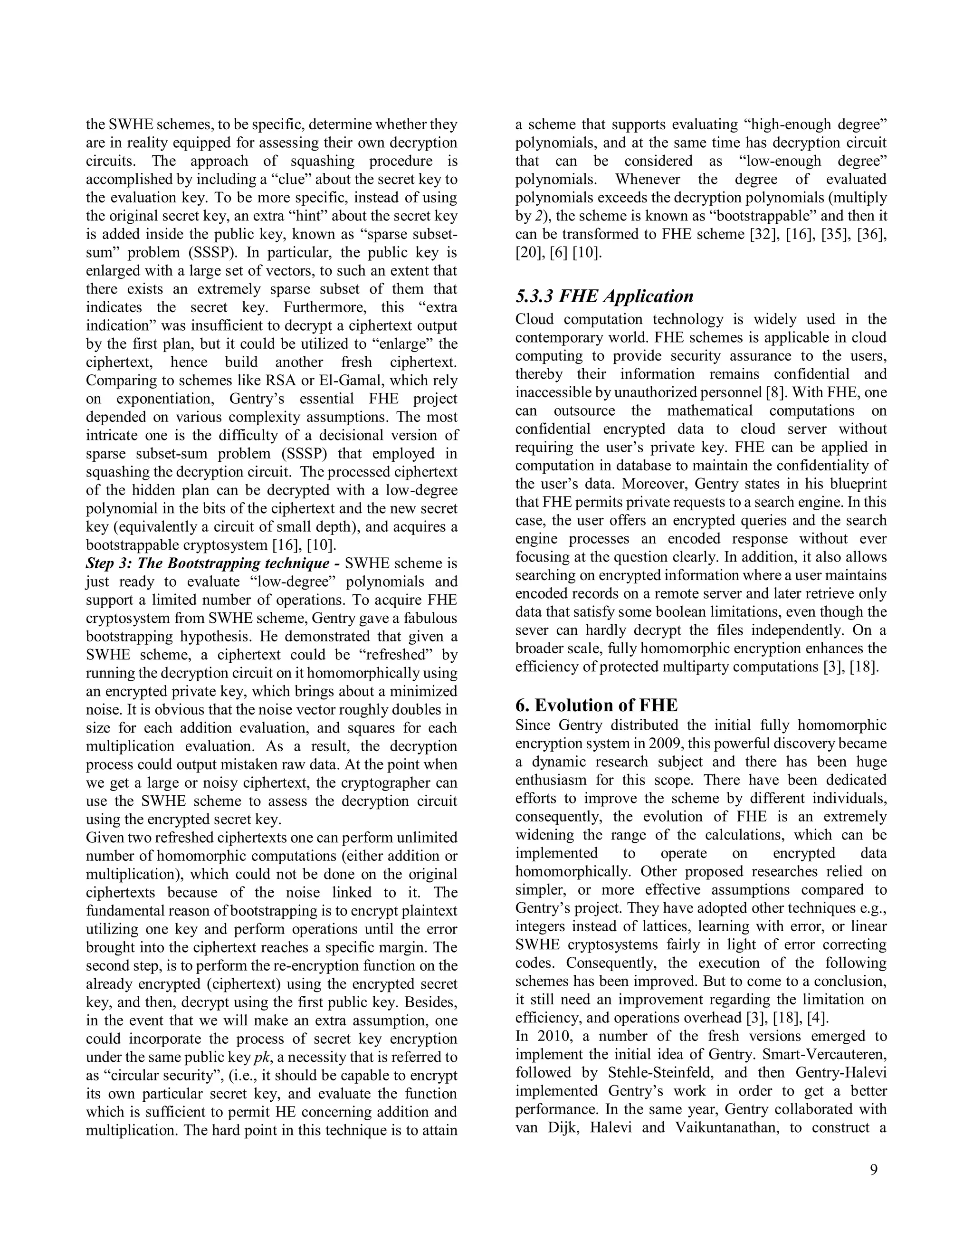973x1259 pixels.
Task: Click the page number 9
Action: pyautogui.click(x=874, y=1170)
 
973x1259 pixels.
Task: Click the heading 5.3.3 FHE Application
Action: pyautogui.click(x=604, y=296)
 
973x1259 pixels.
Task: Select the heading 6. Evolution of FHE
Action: pyautogui.click(x=596, y=705)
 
